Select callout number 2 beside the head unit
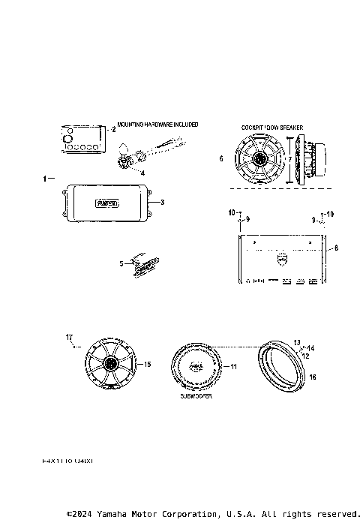(x=113, y=129)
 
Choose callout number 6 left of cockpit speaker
(x=220, y=159)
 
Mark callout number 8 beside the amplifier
(x=336, y=247)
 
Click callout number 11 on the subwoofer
(x=233, y=367)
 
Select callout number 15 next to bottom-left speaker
(x=148, y=364)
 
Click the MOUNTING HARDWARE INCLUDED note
(x=157, y=125)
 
